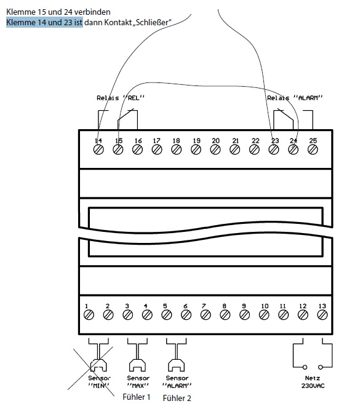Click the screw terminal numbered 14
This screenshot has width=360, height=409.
coord(98,149)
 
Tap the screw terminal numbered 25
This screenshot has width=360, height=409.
coord(313,149)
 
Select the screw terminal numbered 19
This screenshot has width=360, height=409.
coord(196,149)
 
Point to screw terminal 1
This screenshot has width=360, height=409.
coord(89,315)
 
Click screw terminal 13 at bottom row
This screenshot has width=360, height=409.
coord(322,315)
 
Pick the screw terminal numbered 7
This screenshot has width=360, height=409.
coord(206,315)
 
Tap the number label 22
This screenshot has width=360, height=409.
coord(255,141)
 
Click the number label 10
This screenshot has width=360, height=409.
coord(265,306)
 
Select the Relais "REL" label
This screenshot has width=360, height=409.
coord(121,98)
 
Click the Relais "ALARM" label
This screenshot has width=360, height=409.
coord(295,98)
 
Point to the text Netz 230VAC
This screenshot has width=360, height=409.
coord(313,382)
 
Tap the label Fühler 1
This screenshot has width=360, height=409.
coord(136,397)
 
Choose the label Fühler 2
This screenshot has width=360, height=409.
coord(177,398)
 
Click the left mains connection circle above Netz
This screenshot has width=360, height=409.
coord(305,367)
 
